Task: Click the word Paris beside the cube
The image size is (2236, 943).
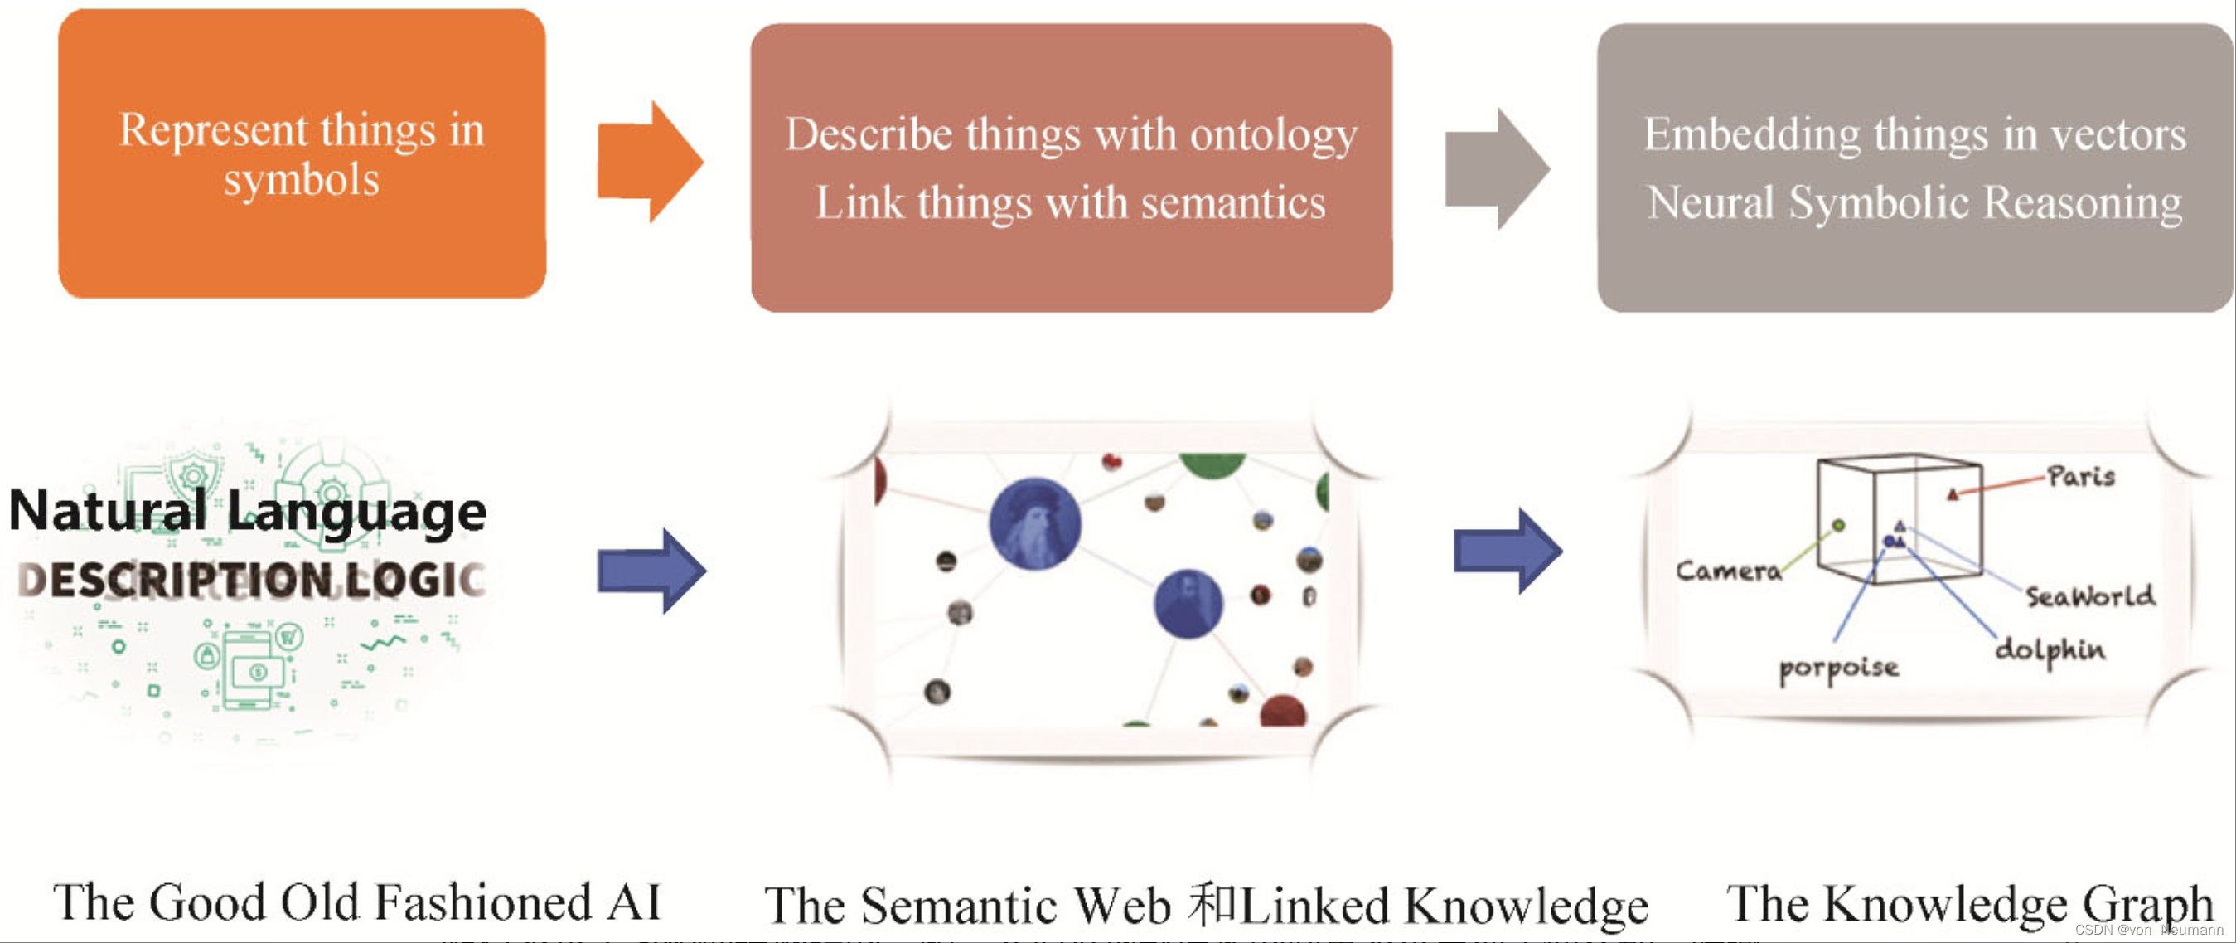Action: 2081,476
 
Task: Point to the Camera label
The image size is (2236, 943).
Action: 1727,571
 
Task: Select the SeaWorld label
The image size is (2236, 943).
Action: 2090,595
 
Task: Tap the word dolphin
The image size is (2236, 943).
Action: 2050,650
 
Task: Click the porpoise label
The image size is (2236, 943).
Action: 1838,668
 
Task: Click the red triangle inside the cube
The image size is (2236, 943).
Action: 1953,495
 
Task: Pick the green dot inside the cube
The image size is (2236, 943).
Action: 1838,525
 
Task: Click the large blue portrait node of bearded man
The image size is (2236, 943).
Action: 1034,523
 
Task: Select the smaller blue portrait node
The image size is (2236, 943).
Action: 1188,604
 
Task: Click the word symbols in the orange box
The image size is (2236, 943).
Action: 301,181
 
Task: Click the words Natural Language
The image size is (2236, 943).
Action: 247,511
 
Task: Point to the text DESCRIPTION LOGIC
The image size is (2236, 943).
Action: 252,579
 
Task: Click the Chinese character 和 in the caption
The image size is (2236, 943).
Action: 1214,905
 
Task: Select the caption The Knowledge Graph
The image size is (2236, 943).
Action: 1968,903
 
